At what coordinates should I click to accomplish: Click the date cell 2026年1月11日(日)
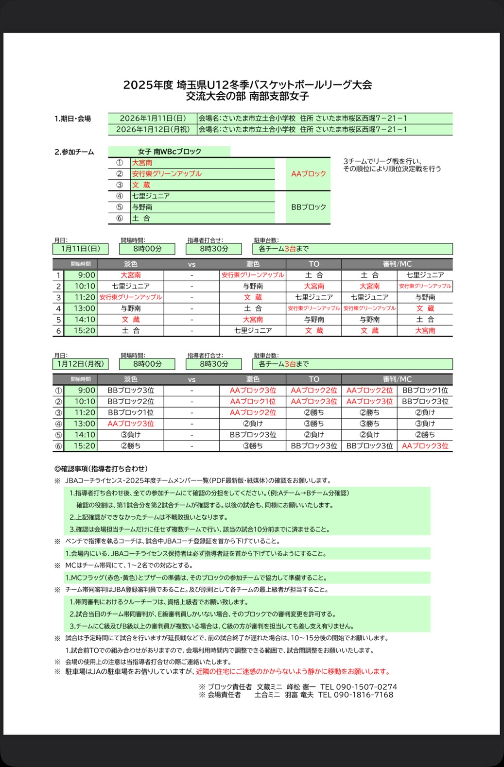coord(153,118)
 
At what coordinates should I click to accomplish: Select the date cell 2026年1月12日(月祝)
coord(153,130)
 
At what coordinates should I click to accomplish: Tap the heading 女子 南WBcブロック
coord(169,152)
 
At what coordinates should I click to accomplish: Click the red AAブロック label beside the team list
coord(308,174)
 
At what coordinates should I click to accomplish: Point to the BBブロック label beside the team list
coord(308,207)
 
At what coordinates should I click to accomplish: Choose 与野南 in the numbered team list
coord(142,207)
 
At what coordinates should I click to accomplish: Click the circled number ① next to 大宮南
coord(119,163)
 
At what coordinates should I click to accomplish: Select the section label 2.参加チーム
coord(74,152)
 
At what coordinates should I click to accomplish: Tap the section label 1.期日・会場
coord(72,119)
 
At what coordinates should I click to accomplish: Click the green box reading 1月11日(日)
coord(81,249)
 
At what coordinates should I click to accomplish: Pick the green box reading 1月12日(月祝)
coord(81,364)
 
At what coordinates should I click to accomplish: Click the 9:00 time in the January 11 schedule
coord(87,275)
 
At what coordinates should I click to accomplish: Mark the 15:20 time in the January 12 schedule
coord(85,446)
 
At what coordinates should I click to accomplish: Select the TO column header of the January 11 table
coord(314,264)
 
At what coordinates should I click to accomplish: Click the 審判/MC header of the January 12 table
coord(397,379)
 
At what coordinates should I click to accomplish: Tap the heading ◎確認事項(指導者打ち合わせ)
coord(101,469)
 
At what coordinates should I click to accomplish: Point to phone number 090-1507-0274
coord(366,687)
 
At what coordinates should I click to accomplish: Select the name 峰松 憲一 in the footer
coord(301,687)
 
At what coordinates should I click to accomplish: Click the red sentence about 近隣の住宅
coord(293,672)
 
